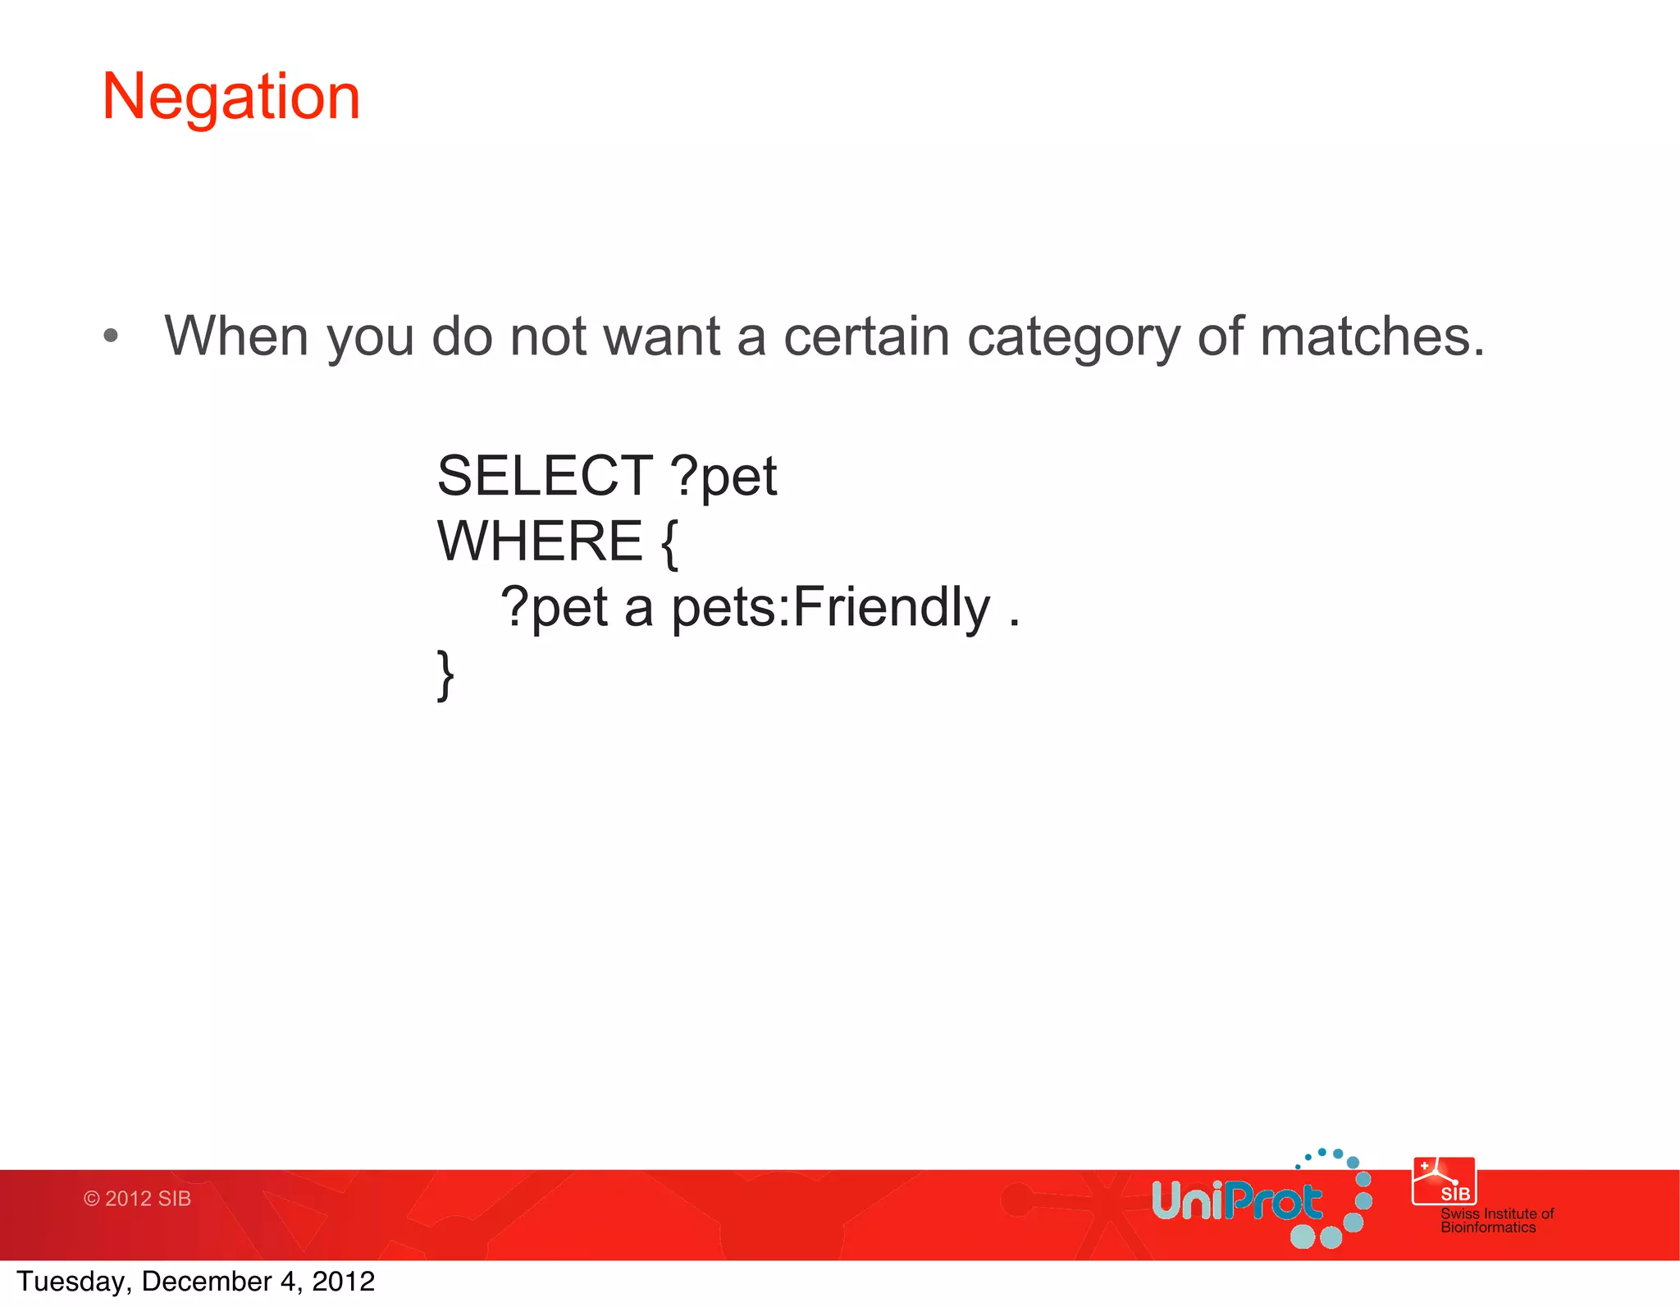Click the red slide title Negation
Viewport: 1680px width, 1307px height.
[x=231, y=98]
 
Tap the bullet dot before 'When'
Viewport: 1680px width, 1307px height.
[x=111, y=336]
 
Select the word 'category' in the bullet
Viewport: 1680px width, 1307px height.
[x=1073, y=338]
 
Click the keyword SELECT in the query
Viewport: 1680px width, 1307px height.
[x=545, y=476]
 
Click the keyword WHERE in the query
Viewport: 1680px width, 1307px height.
[x=540, y=542]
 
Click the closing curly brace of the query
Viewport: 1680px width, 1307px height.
[x=445, y=674]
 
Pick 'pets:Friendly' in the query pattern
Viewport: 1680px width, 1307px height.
[x=830, y=608]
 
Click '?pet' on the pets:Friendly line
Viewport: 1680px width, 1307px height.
[x=555, y=609]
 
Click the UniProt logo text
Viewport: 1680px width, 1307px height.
[x=1237, y=1202]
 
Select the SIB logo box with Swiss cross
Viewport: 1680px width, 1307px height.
[x=1443, y=1181]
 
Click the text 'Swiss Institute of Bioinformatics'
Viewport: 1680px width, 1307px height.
[x=1496, y=1220]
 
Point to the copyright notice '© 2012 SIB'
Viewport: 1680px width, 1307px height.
[x=137, y=1199]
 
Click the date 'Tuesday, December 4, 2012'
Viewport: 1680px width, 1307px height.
[x=195, y=1282]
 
